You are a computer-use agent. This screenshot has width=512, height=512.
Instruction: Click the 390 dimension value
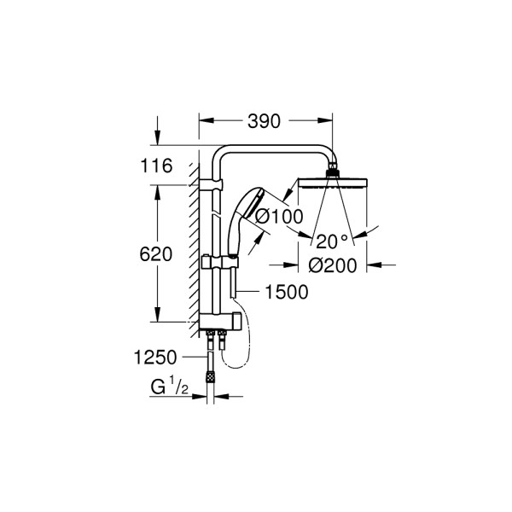click(x=264, y=121)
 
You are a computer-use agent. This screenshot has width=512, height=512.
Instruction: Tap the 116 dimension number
click(x=156, y=166)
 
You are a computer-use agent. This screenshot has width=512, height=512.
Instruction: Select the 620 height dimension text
click(x=156, y=254)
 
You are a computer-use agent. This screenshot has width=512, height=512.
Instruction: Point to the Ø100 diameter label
click(x=279, y=217)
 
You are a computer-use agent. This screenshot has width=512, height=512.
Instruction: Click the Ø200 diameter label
click(x=333, y=265)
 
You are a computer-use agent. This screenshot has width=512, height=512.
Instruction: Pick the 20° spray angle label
click(x=332, y=241)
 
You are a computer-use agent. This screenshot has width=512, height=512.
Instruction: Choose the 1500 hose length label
click(x=287, y=292)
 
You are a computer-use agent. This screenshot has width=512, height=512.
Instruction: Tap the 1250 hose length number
click(x=155, y=358)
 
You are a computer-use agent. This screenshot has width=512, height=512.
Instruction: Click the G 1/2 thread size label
click(x=170, y=387)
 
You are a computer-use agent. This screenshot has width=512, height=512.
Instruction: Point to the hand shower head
click(x=253, y=202)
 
